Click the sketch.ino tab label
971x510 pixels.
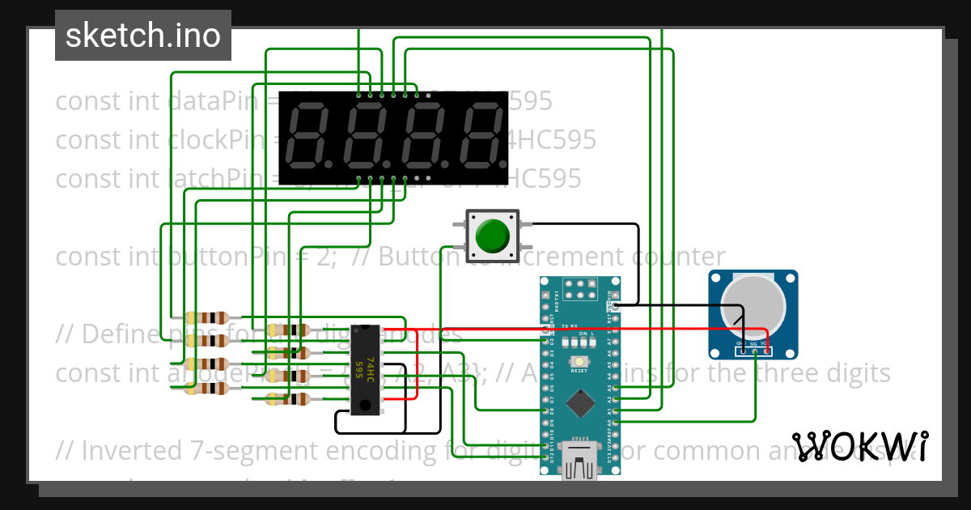[x=143, y=36]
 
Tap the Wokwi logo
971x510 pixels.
[x=860, y=446]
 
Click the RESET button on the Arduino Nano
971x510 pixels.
[x=579, y=362]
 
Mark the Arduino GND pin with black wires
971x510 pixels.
[x=617, y=306]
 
